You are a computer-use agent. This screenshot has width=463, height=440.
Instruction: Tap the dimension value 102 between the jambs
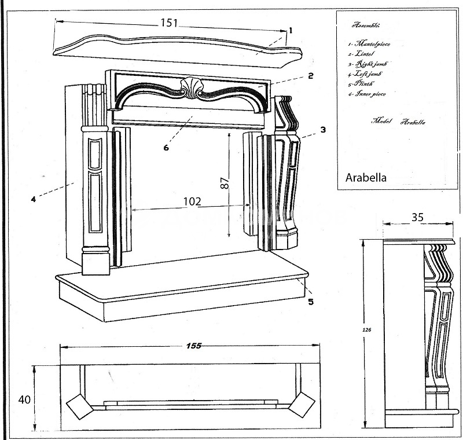[192, 201]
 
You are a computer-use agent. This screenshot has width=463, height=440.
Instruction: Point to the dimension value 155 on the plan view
[194, 346]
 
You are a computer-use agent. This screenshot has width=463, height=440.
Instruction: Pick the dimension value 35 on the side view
[417, 217]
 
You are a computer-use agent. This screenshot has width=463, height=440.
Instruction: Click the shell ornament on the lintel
[191, 89]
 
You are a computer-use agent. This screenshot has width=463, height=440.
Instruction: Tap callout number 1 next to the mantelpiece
[291, 30]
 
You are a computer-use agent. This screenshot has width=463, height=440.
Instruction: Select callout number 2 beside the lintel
[311, 75]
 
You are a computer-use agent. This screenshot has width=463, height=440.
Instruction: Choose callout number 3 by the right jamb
[323, 130]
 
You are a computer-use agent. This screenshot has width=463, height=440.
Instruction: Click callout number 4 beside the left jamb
[34, 199]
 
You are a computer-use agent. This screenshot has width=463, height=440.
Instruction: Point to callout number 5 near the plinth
[311, 301]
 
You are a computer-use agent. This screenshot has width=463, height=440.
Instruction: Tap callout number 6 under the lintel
[166, 147]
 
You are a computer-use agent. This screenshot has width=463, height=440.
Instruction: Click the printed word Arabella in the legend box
[366, 177]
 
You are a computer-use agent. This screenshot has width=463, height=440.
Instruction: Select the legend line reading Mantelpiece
[367, 43]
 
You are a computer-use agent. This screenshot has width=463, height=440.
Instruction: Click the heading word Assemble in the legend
[366, 26]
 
